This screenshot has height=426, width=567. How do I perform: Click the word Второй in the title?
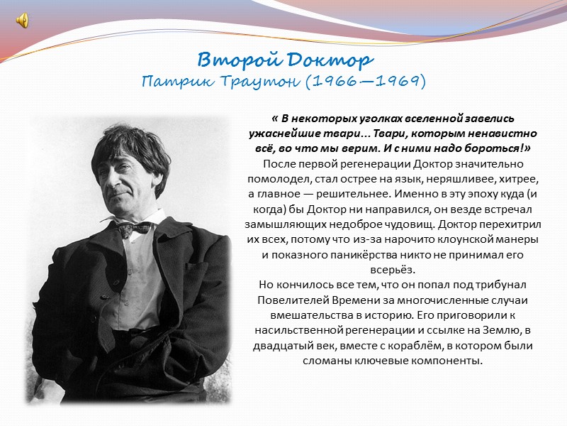tap(232, 60)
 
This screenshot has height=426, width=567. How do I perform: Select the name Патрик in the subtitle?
tap(175, 82)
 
